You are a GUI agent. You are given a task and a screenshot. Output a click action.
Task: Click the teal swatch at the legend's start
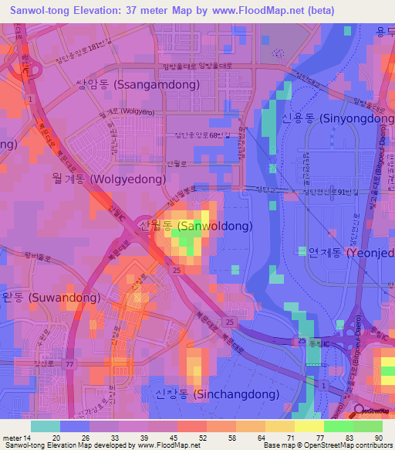[x=46, y=426]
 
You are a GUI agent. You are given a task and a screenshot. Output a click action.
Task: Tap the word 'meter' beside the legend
[x=12, y=437]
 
